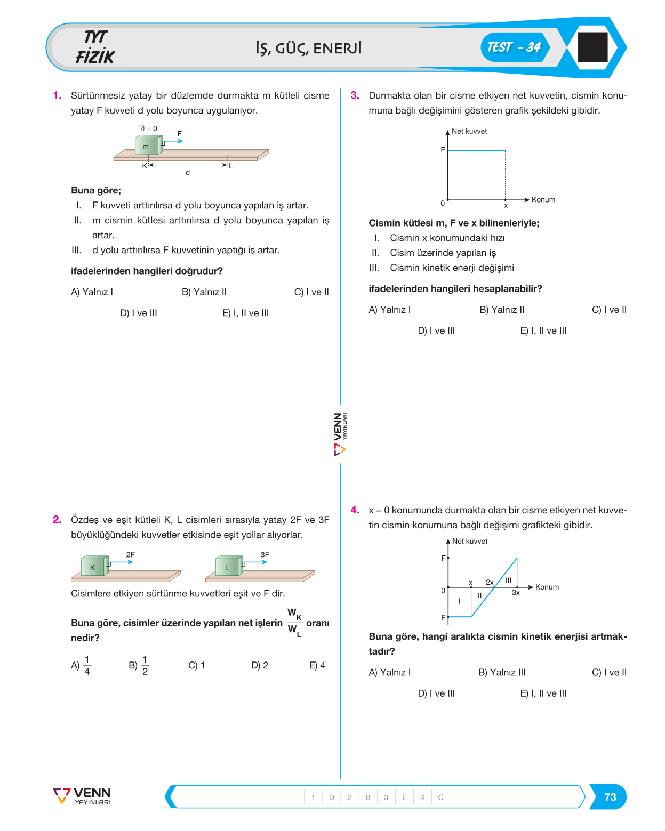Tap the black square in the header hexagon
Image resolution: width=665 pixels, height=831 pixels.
pos(592,47)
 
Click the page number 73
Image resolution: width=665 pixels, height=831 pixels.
pos(610,797)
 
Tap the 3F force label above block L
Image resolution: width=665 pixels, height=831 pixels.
pos(265,554)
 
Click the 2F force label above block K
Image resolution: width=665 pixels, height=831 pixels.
pos(131,554)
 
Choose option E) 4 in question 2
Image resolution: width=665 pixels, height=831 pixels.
pos(317,665)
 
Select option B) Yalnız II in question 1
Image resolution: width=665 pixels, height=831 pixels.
pos(204,292)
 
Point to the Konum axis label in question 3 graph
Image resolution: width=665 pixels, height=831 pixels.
pos(543,200)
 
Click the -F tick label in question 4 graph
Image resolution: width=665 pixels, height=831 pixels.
pos(441,617)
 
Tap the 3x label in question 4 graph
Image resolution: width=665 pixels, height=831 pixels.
pos(516,592)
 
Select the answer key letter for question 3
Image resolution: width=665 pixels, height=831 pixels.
pos(404,797)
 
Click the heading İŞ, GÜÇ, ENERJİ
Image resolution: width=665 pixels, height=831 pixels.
pos(309,49)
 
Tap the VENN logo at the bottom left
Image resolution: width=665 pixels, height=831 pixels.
pos(82,796)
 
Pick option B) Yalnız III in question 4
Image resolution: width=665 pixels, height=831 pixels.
pos(502,672)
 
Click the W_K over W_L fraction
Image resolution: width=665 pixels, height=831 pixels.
pos(294,623)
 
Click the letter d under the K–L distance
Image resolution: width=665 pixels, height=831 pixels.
pos(188,173)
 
